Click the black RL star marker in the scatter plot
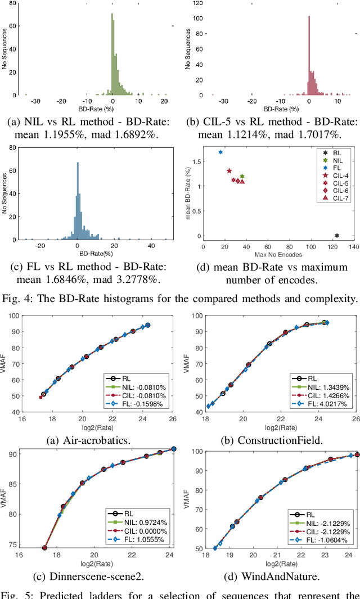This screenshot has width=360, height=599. click(x=337, y=236)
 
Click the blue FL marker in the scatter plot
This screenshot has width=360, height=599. click(x=220, y=152)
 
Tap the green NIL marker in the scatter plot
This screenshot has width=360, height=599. click(x=242, y=177)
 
